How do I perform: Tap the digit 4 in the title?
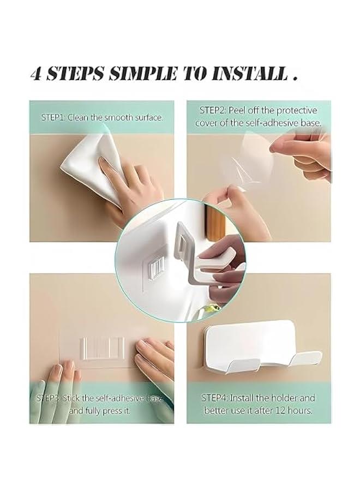pyautogui.click(x=37, y=74)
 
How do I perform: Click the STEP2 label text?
pyautogui.click(x=213, y=110)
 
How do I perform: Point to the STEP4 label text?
pyautogui.click(x=214, y=398)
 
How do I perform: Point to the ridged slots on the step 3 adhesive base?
pyautogui.click(x=103, y=348)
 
